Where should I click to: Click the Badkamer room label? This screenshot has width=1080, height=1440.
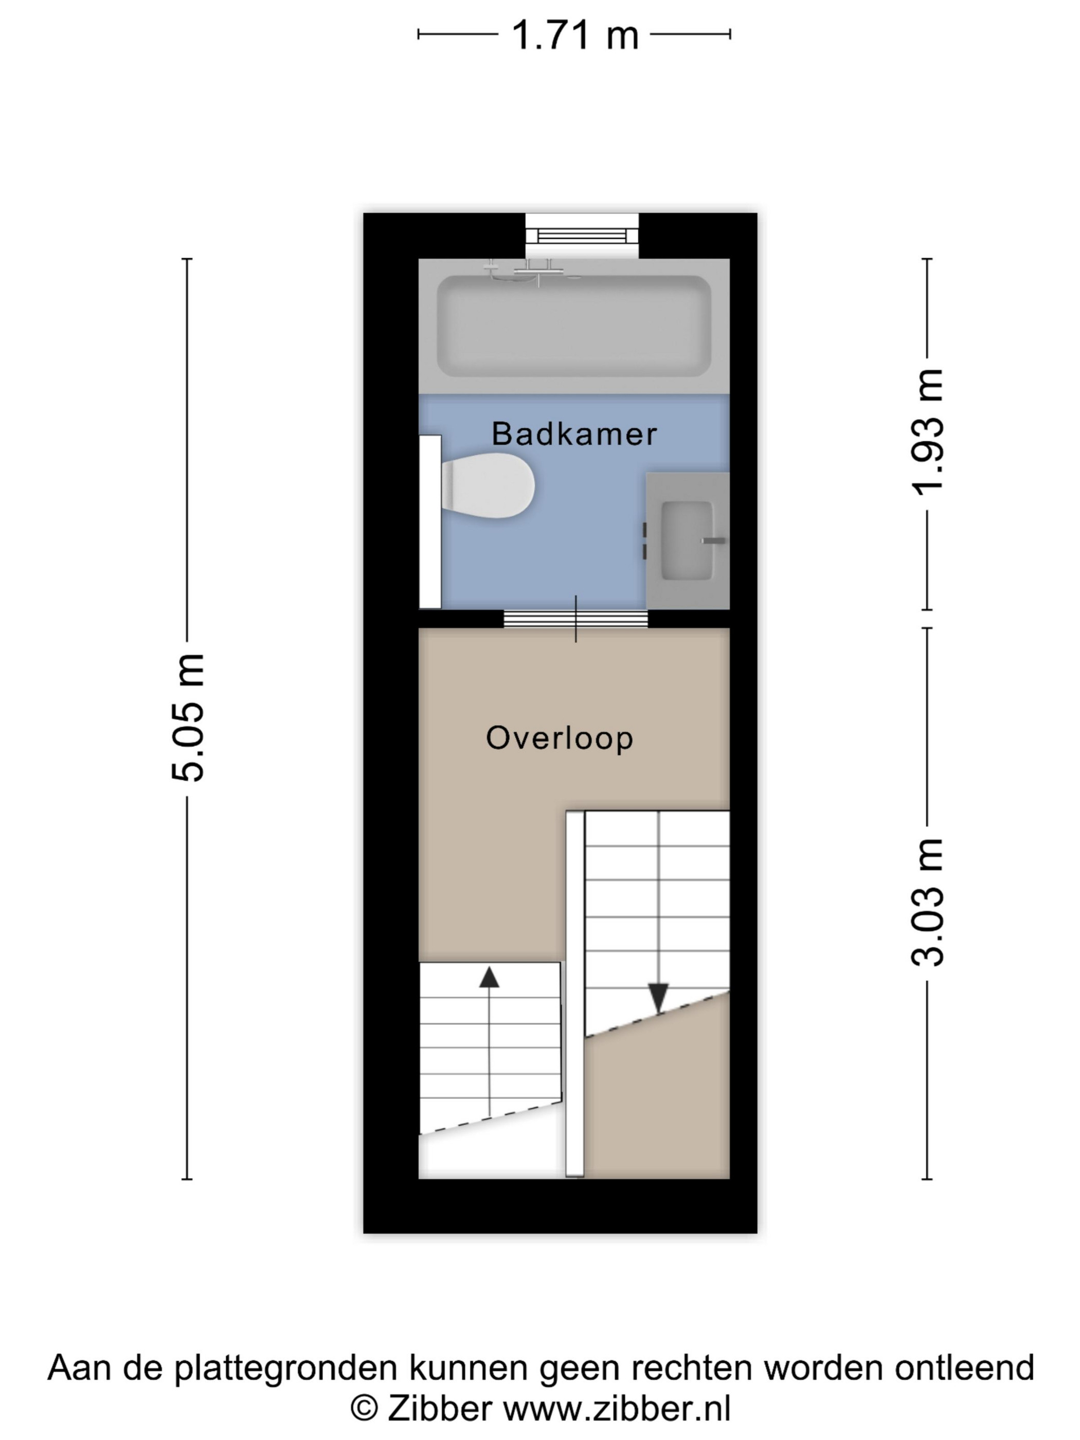pos(574,434)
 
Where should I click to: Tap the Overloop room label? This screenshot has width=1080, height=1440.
pos(559,738)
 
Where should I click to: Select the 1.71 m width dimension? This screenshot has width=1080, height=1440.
pos(575,34)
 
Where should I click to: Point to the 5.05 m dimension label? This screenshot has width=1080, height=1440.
pos(188,717)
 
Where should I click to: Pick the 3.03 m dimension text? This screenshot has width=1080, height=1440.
pos(927,902)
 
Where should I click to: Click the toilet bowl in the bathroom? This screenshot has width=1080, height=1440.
pos(488,485)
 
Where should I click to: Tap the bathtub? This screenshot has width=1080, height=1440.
pos(573,326)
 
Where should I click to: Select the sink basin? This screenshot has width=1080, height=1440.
pos(687,541)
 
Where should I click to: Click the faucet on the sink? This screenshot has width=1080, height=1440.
pos(713,541)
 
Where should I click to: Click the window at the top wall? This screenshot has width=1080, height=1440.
pos(582,235)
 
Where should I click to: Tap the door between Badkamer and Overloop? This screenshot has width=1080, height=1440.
pos(575,619)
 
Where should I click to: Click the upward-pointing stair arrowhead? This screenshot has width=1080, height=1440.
pos(489,977)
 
